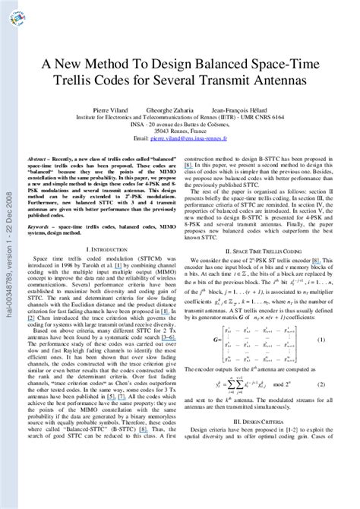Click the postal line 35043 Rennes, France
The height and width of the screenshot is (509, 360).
(179, 131)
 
